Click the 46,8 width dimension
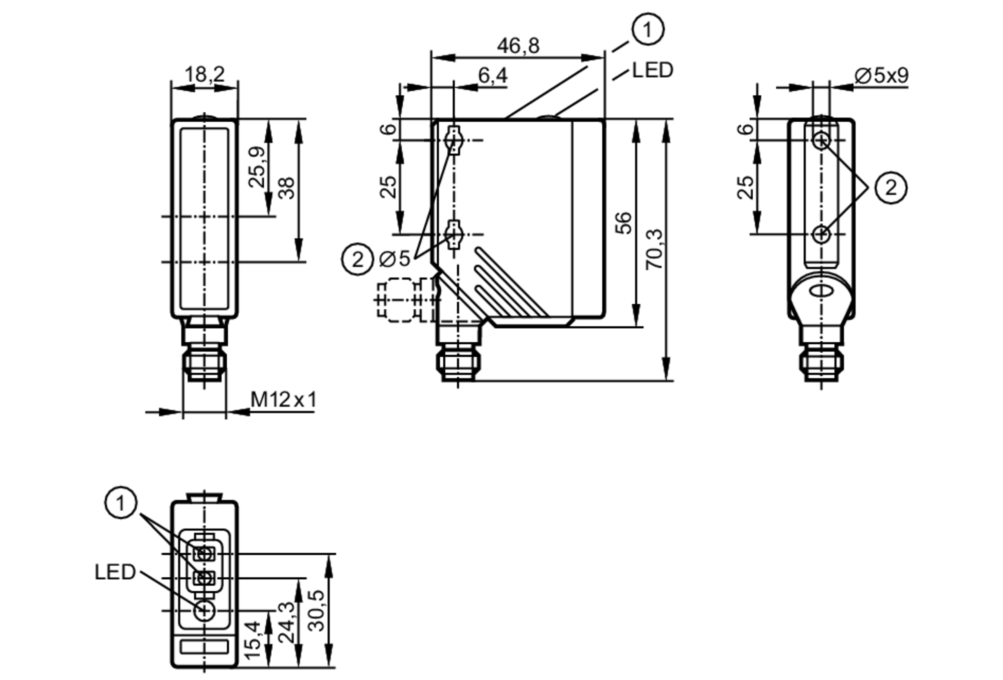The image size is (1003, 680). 518,46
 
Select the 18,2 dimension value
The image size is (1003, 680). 205,75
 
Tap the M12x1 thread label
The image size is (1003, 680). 284,400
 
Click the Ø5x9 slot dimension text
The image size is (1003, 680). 881,76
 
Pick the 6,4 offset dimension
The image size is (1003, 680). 492,76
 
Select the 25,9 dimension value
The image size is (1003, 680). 257,167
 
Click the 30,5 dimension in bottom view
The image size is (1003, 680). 317,610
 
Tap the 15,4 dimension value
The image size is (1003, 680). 252,640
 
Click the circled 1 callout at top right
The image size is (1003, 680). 647,30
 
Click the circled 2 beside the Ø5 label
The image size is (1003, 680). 357,260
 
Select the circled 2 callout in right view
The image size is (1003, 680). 891,188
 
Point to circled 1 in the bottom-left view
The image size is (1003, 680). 120,503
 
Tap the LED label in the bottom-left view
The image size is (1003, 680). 115,572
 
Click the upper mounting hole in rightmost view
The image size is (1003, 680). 821,140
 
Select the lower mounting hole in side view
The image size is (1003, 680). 454,234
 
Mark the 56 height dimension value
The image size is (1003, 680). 623,222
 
